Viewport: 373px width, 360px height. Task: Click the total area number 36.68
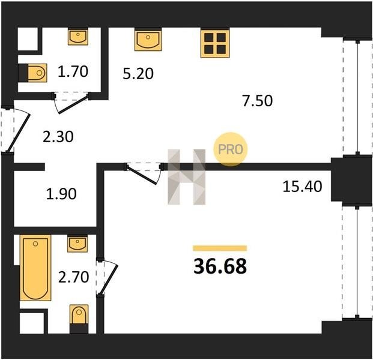[x=220, y=266]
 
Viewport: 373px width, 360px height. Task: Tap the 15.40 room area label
[x=302, y=186]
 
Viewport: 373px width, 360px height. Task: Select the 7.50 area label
[x=258, y=101]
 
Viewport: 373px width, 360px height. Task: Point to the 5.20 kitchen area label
[x=138, y=73]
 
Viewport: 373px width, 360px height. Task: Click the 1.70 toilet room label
[x=73, y=71]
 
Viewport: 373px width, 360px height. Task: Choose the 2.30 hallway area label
[x=58, y=137]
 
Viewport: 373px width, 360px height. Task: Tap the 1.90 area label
[x=61, y=194]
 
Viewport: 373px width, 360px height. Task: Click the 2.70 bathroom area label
[x=73, y=277]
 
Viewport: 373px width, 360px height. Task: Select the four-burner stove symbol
[x=215, y=43]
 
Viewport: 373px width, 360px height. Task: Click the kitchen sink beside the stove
[x=148, y=40]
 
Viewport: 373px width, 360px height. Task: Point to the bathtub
[x=35, y=268]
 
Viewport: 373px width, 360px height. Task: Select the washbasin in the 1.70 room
[x=78, y=37]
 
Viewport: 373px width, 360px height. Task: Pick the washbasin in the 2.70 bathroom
[x=77, y=244]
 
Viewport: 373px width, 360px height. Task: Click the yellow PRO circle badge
[x=230, y=149]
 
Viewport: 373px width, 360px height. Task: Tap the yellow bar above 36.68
[x=220, y=248]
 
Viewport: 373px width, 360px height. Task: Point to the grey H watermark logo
[x=186, y=177]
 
